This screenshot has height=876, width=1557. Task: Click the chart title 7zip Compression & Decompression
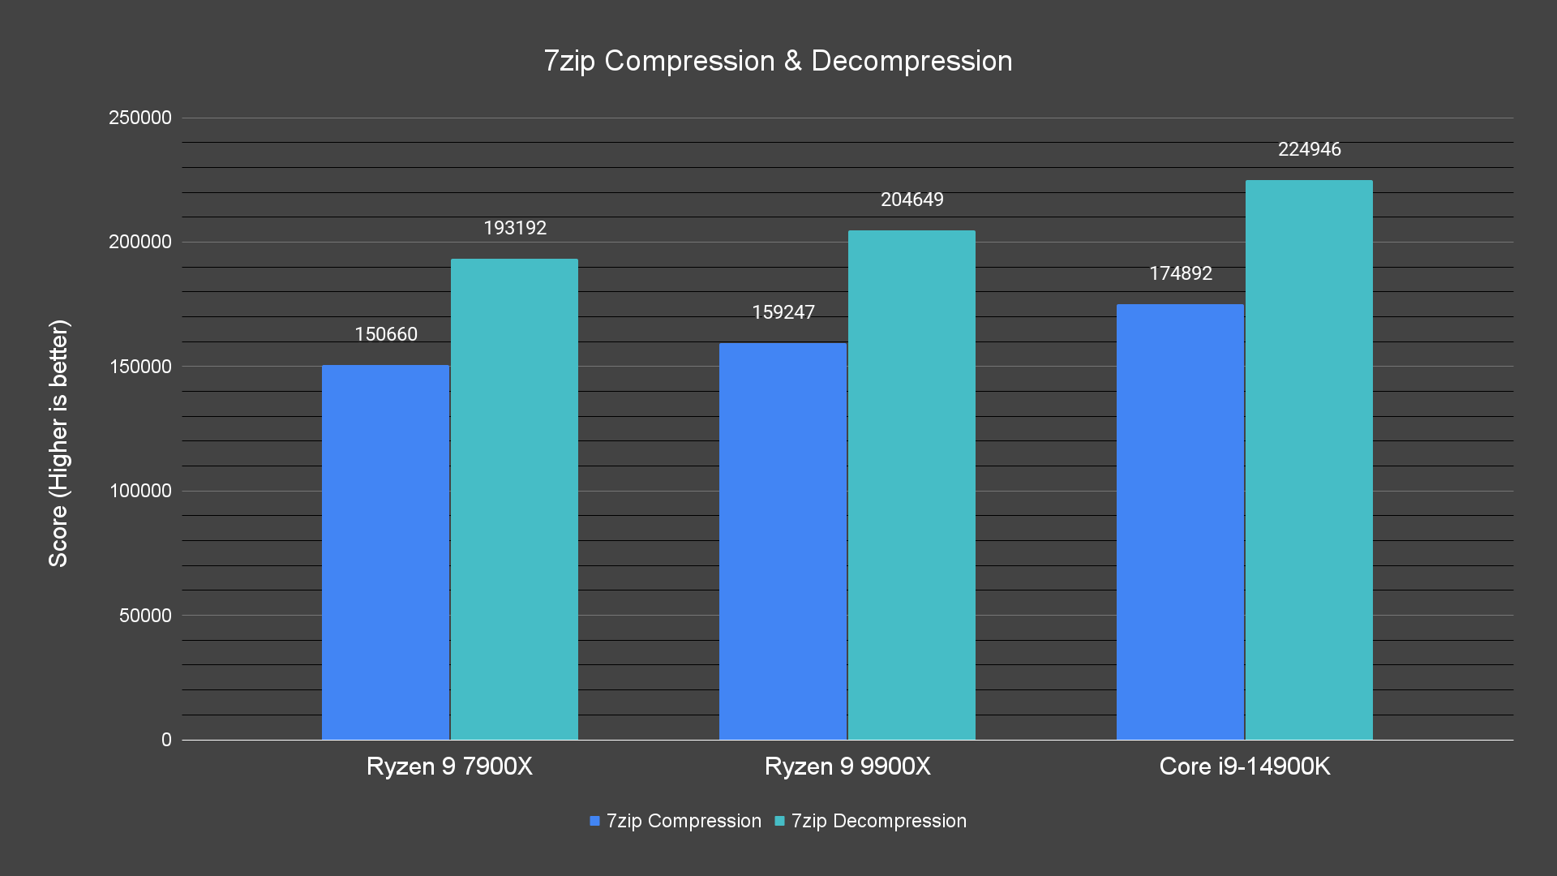click(778, 61)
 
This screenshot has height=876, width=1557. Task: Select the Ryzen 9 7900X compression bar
click(385, 552)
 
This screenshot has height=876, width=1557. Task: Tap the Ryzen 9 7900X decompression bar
click(514, 499)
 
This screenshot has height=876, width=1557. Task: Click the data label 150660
click(386, 334)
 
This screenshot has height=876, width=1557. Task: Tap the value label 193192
click(515, 228)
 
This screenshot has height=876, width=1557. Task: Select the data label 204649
click(912, 200)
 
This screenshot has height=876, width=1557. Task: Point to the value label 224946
click(1310, 149)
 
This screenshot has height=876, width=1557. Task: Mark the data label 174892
click(1181, 273)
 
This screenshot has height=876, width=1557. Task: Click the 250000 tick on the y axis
click(140, 118)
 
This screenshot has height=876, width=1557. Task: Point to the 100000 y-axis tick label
click(140, 491)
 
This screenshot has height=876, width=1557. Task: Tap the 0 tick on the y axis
click(166, 740)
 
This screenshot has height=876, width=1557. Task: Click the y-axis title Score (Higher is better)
click(58, 443)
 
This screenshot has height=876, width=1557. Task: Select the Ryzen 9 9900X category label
click(847, 766)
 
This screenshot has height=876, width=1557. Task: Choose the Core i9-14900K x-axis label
click(1245, 766)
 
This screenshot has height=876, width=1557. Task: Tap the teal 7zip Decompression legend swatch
click(780, 821)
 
